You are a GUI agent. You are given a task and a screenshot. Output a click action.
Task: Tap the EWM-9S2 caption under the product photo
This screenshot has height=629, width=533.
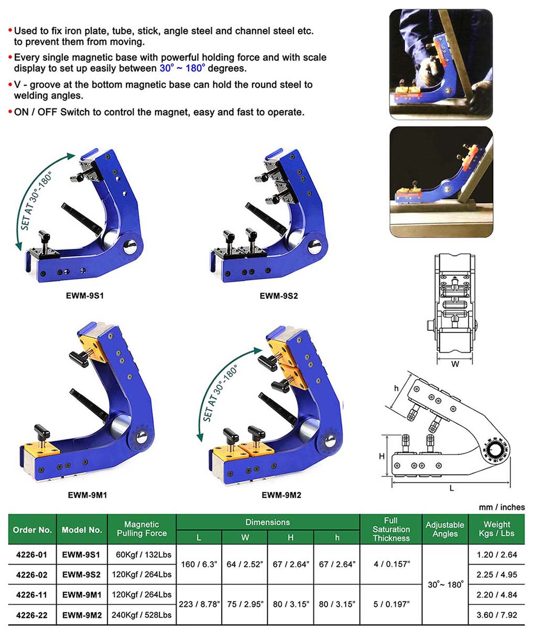click(279, 296)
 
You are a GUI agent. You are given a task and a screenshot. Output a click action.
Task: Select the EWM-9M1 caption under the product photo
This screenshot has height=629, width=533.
click(88, 494)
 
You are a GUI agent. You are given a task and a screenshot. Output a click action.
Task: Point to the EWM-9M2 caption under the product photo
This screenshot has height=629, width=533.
click(281, 494)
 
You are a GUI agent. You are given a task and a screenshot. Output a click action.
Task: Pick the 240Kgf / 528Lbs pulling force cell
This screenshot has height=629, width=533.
click(142, 614)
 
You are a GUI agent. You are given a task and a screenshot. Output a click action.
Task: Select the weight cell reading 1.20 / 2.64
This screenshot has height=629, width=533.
click(496, 555)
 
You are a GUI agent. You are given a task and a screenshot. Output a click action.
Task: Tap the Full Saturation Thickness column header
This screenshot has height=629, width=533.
click(390, 529)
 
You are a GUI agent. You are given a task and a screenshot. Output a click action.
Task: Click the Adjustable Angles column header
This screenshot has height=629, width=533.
click(445, 529)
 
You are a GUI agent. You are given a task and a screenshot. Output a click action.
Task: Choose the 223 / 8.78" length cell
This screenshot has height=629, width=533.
click(199, 604)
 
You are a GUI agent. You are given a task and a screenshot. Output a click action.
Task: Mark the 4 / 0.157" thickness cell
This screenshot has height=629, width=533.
click(390, 565)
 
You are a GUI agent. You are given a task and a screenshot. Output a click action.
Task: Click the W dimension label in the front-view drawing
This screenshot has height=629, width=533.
click(455, 363)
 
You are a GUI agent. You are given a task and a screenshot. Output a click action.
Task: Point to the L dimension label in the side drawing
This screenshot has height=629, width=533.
click(452, 487)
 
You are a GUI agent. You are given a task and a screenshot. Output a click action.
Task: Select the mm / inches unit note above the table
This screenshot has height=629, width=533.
click(502, 507)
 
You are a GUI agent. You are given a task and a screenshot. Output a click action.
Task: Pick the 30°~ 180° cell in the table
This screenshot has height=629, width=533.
click(445, 584)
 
